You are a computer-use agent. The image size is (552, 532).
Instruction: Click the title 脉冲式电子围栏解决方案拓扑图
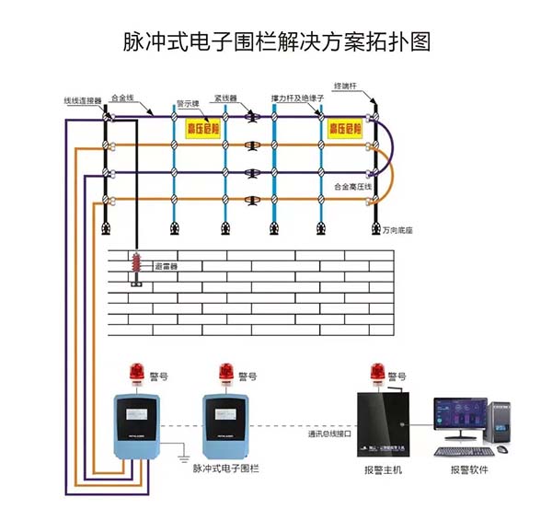276,42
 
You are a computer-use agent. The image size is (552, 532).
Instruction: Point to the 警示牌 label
189,103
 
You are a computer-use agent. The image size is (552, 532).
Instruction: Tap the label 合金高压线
351,187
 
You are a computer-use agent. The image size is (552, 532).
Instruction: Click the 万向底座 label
397,231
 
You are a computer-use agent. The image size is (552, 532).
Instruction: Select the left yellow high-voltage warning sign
205,128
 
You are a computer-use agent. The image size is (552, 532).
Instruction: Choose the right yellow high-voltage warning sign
347,128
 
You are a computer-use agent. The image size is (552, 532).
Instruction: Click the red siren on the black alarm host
374,374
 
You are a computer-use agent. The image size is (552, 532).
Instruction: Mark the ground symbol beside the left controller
183,455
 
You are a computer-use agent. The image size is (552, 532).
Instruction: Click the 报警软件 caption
469,470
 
